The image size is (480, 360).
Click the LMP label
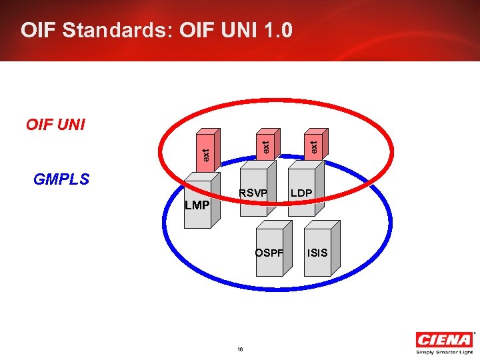[197, 205]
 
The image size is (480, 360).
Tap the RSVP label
[253, 193]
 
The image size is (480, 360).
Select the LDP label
[301, 193]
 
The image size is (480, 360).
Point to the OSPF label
[269, 253]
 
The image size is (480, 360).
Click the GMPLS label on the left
[61, 179]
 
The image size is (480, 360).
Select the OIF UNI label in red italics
[55, 125]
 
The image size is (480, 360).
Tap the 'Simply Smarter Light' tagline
[445, 352]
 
